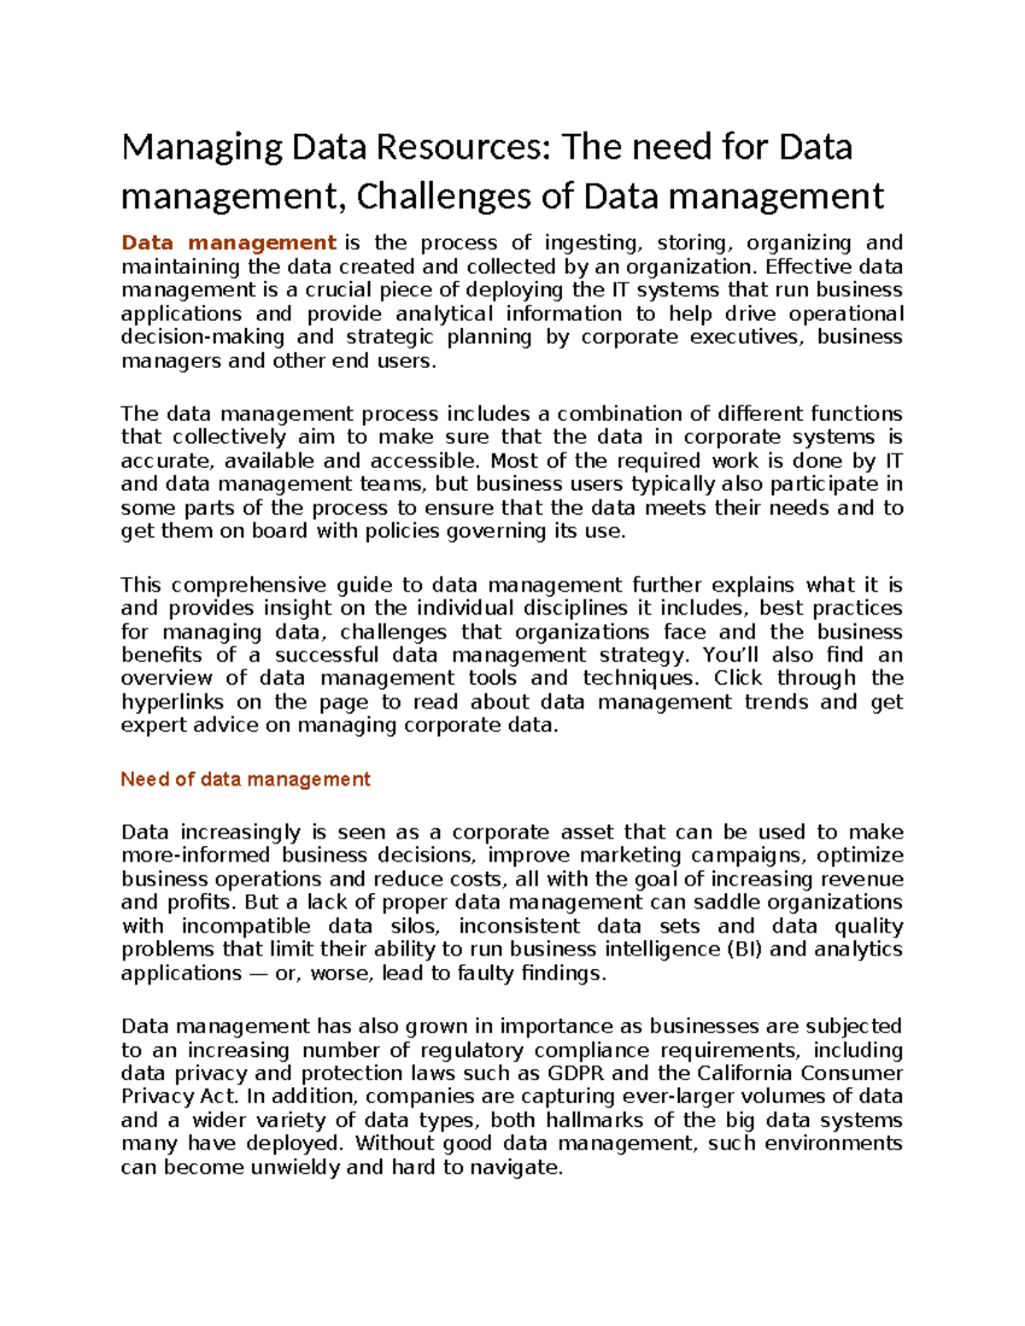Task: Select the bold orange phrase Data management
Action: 228,243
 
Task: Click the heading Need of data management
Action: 245,779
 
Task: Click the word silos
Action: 414,926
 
